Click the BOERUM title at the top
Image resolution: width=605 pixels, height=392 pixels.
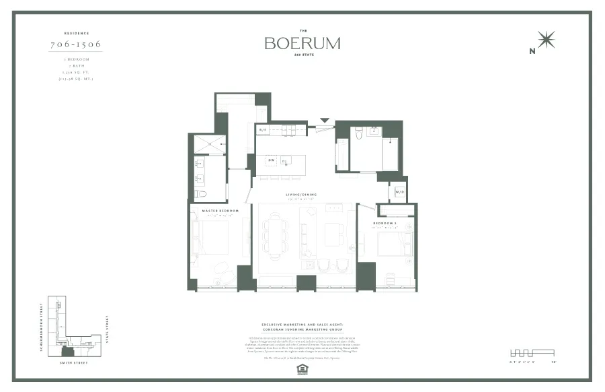[302, 43]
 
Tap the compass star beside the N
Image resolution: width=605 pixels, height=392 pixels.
[547, 40]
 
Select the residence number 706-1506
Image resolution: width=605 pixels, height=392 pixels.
[76, 45]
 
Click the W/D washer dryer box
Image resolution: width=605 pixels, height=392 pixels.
[399, 192]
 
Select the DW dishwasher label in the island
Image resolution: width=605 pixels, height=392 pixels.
[271, 160]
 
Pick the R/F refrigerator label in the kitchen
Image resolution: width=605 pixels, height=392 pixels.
[263, 129]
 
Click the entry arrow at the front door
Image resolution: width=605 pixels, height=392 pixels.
[325, 121]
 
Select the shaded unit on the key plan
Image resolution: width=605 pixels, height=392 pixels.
[67, 351]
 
